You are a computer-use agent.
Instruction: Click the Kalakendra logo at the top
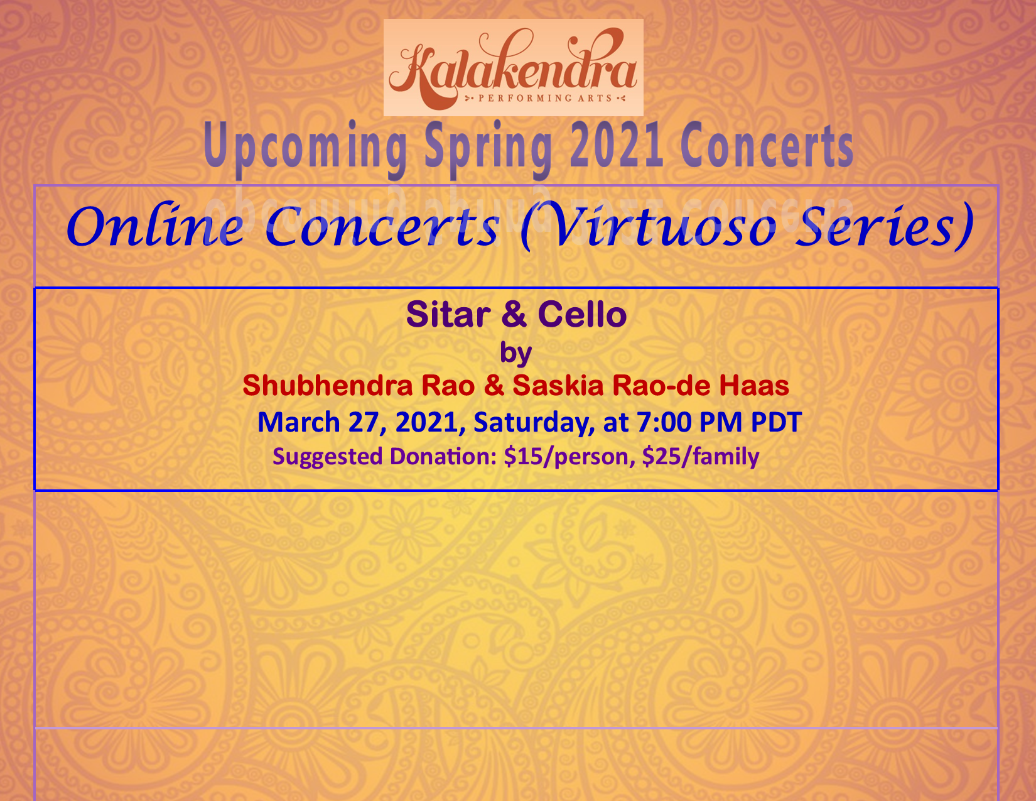click(514, 67)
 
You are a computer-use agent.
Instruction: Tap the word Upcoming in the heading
click(305, 146)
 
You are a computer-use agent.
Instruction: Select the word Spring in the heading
click(488, 146)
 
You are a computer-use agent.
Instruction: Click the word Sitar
click(448, 314)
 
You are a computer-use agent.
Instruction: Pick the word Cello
click(582, 314)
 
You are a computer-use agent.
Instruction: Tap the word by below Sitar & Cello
click(516, 354)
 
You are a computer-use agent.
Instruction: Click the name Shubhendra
click(328, 386)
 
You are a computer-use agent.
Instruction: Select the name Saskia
click(558, 386)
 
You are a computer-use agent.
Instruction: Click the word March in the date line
click(298, 422)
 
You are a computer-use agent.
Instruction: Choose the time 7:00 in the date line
click(664, 422)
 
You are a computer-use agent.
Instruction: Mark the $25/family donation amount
click(701, 457)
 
